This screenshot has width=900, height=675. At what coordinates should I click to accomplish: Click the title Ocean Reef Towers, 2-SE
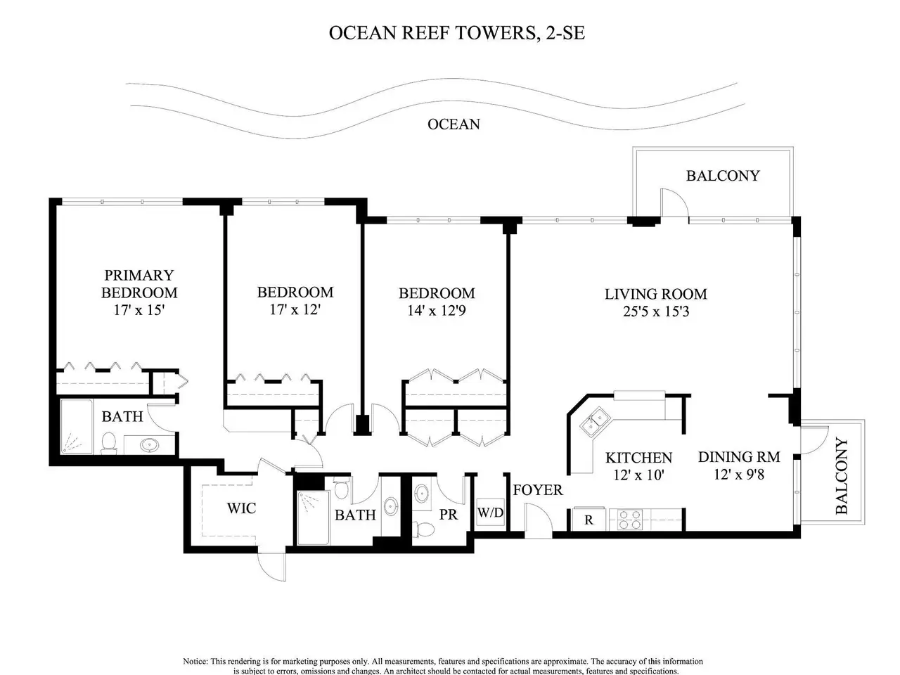point(456,33)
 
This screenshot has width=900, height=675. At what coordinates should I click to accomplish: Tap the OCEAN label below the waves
point(454,124)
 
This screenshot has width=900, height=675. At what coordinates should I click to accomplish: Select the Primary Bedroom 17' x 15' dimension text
point(139,310)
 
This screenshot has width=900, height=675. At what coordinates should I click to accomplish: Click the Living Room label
point(655,294)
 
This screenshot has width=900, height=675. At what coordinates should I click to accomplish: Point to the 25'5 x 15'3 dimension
point(656,311)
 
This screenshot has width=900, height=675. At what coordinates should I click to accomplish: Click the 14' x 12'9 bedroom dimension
point(436,311)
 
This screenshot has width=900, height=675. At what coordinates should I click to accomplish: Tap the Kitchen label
point(639,457)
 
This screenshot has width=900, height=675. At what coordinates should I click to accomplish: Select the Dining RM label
point(739,456)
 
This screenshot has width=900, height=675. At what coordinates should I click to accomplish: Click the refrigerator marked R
point(589,520)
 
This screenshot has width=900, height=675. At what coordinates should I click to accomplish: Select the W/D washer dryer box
point(490,513)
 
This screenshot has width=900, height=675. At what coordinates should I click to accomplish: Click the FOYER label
point(538,490)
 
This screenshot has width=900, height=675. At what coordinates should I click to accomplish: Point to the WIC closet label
point(241,508)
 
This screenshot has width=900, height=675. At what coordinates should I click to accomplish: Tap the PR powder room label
point(448,515)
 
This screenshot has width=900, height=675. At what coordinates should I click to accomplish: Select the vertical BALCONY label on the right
point(841,476)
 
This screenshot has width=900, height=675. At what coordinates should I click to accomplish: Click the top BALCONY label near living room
point(723,175)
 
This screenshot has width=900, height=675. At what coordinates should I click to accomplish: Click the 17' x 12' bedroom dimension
point(295,309)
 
